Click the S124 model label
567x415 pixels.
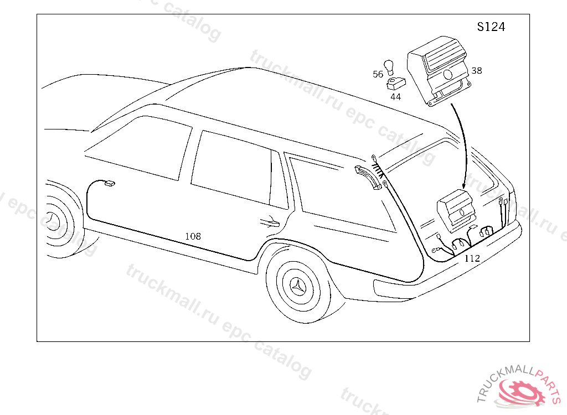(x=491, y=27)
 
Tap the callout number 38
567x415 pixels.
(x=477, y=70)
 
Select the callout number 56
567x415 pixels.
(x=378, y=74)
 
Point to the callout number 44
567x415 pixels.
(x=395, y=97)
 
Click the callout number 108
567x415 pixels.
(x=193, y=236)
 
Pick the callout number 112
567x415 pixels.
(x=472, y=258)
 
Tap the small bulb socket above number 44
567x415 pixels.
(x=395, y=84)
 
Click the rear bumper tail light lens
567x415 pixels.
(x=394, y=290)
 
